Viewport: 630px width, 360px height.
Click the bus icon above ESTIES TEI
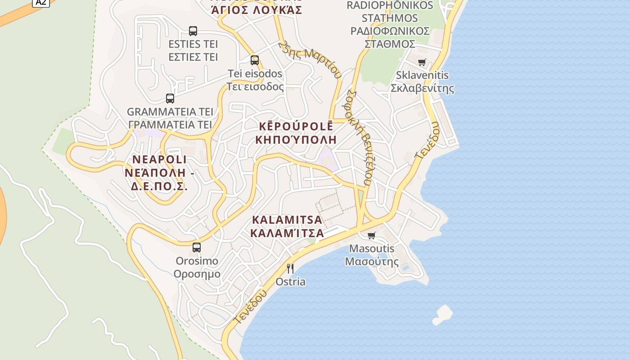pyautogui.click(x=193, y=31)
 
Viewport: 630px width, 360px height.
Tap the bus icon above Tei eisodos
pyautogui.click(x=255, y=60)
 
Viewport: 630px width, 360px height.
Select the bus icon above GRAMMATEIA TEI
pyautogui.click(x=170, y=99)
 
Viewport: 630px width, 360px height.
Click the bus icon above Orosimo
pyautogui.click(x=197, y=247)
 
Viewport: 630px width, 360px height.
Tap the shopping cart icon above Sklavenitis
pyautogui.click(x=422, y=62)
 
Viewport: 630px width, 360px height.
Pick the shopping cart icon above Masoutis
pyautogui.click(x=372, y=235)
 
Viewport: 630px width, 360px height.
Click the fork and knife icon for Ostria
pyautogui.click(x=290, y=269)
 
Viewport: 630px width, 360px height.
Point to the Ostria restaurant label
pyautogui.click(x=290, y=282)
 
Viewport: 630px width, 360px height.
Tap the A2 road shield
pyautogui.click(x=40, y=2)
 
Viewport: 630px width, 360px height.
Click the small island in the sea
pyautogui.click(x=443, y=314)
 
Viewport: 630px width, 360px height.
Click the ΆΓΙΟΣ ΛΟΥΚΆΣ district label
pyautogui.click(x=257, y=9)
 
